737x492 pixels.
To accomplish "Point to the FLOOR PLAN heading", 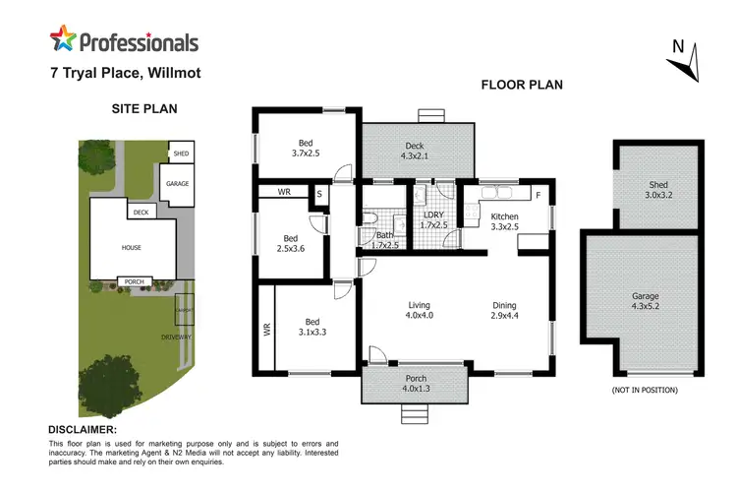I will point(521,85).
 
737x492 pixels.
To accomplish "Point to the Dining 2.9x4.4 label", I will point(504,311).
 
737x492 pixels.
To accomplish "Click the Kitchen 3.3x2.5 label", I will point(504,221).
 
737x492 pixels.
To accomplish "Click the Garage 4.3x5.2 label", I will point(645,301).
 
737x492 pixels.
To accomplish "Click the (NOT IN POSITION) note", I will point(644,391).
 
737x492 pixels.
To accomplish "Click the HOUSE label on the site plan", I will point(132,248).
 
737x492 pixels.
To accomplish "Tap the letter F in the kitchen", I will point(538,195).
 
